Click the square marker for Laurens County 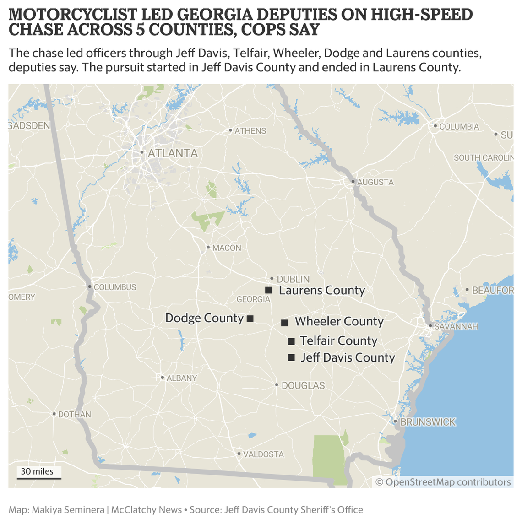click(x=269, y=290)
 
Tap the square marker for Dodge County click(x=250, y=319)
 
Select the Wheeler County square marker click(x=284, y=323)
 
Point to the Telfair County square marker click(x=291, y=341)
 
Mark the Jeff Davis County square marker click(x=291, y=358)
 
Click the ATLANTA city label click(x=173, y=153)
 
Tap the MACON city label click(x=227, y=248)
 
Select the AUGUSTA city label click(x=375, y=182)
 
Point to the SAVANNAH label click(x=456, y=326)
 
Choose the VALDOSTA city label click(x=263, y=454)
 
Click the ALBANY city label click(x=182, y=378)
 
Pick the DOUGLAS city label click(x=303, y=385)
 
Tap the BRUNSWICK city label click(x=428, y=422)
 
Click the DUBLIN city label click(x=293, y=279)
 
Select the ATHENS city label click(x=250, y=131)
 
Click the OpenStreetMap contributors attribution click(x=443, y=482)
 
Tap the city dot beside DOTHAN click(x=54, y=414)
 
